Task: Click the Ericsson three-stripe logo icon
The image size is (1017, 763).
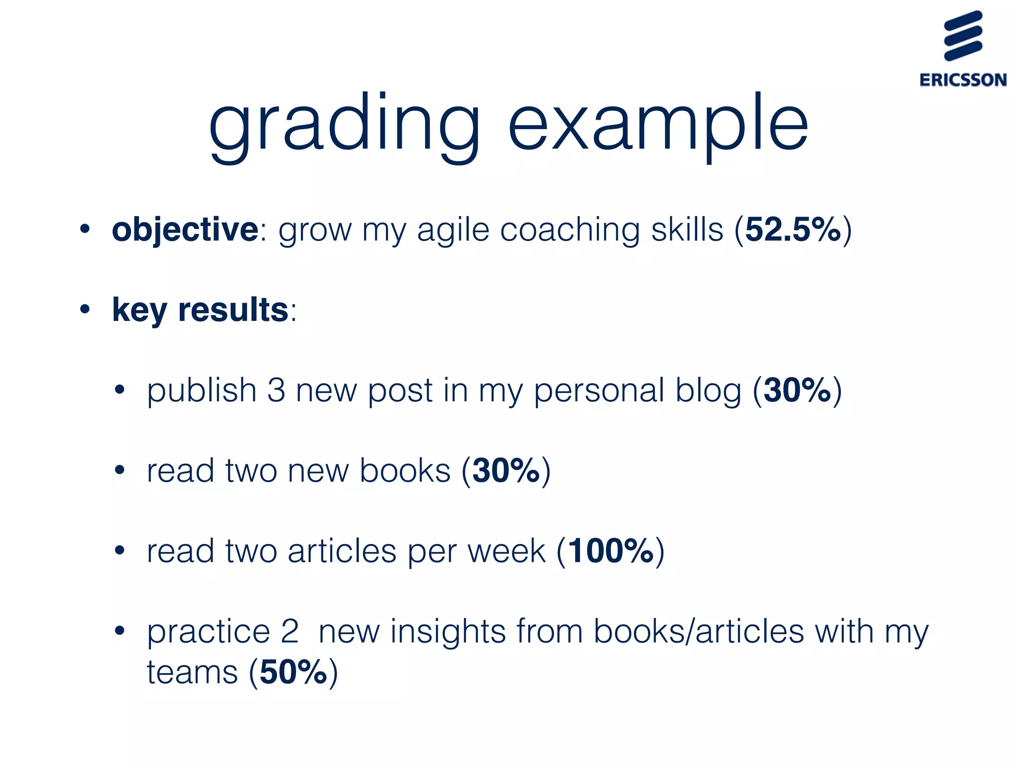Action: [963, 36]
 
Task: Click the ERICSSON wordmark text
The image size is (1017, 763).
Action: [963, 80]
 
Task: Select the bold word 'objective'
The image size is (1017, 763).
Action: [185, 230]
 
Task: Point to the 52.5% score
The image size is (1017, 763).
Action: [793, 230]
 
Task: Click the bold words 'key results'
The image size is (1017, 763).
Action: [200, 310]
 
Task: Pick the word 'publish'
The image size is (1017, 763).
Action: [201, 391]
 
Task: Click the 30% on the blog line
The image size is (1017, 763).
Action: [797, 390]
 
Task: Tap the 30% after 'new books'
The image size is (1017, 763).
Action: [506, 471]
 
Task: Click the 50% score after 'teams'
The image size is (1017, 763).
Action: [293, 672]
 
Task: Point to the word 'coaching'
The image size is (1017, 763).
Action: [569, 230]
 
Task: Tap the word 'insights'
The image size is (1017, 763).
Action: [448, 631]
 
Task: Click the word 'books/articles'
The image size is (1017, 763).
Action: [699, 631]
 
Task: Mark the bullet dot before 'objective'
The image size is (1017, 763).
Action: [85, 229]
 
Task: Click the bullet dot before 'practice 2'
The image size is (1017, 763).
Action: [119, 631]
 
